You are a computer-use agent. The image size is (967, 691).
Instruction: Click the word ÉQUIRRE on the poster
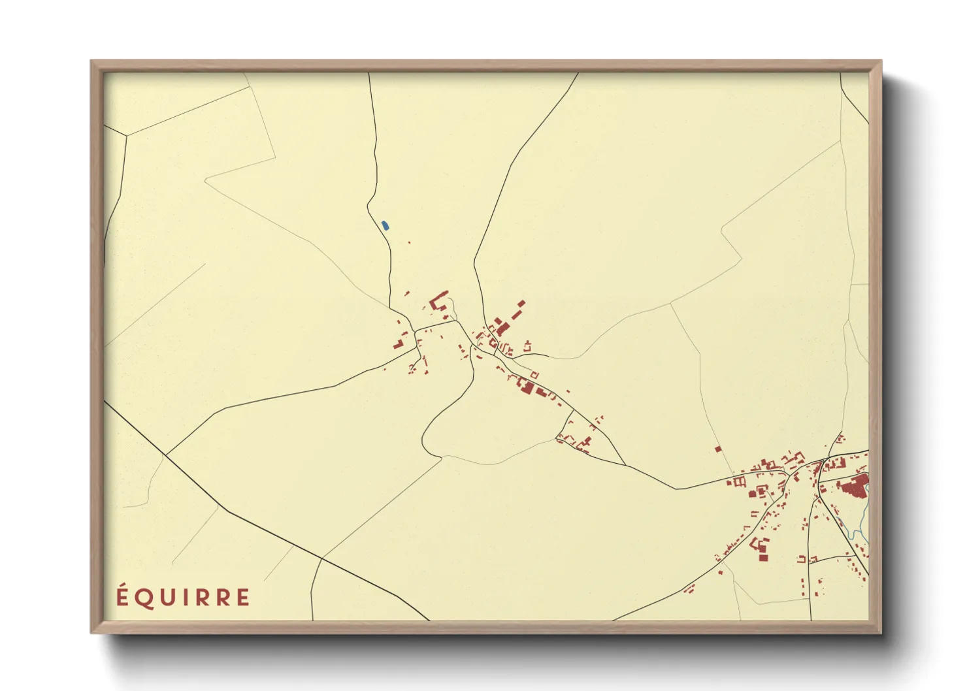[183, 597]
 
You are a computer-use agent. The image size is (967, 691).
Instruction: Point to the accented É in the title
[122, 596]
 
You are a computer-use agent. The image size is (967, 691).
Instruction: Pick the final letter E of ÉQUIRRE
[243, 598]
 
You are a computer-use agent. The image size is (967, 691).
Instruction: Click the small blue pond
[385, 225]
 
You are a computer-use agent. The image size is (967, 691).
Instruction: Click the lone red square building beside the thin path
[718, 449]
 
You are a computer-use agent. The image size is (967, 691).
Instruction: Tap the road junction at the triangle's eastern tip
[625, 465]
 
